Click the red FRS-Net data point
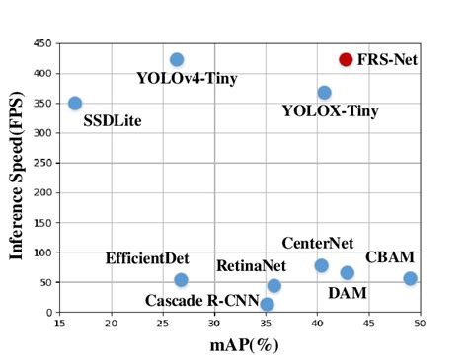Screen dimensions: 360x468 (x=346, y=59)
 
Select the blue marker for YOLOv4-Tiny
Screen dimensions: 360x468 (x=177, y=60)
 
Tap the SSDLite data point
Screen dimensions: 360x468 (x=75, y=103)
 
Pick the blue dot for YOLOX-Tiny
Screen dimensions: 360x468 (x=324, y=92)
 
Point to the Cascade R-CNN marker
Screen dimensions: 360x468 (x=267, y=304)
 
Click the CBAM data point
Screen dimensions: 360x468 (x=410, y=278)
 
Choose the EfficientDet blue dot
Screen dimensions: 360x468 (x=181, y=280)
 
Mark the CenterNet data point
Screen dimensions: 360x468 (x=321, y=265)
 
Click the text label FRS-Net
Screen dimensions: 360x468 (x=387, y=59)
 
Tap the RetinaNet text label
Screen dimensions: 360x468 (x=251, y=265)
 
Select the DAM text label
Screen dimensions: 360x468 (x=348, y=293)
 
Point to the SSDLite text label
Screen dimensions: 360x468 (x=112, y=121)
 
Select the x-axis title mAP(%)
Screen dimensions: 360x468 (x=241, y=345)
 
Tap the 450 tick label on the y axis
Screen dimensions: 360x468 (x=42, y=43)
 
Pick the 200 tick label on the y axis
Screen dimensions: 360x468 (x=42, y=192)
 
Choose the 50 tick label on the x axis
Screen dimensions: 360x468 (x=420, y=324)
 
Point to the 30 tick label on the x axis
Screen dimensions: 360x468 (x=213, y=324)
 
